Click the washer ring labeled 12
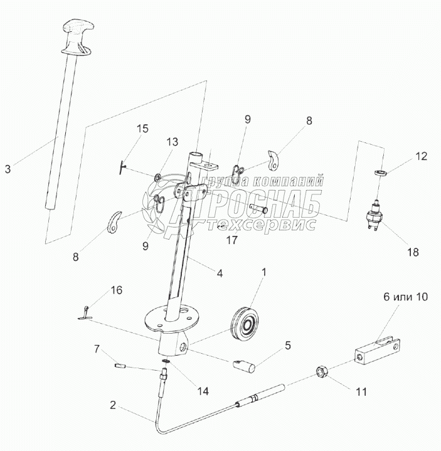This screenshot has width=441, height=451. click(x=380, y=171)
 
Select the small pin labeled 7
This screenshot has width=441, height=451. click(x=120, y=364)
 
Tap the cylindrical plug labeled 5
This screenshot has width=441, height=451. click(x=244, y=365)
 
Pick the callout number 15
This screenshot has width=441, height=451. click(x=143, y=129)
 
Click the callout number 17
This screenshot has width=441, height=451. click(x=232, y=239)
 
